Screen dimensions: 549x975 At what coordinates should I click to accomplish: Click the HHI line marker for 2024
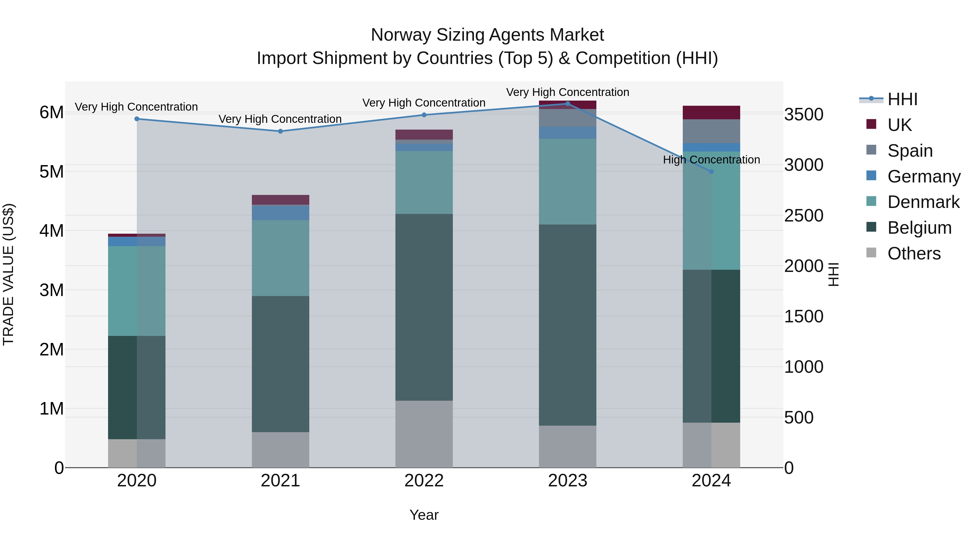711,172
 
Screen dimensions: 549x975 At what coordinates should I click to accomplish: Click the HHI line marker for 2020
137,119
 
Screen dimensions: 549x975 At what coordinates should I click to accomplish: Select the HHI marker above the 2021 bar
281,131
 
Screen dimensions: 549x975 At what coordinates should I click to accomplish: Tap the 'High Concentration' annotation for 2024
711,160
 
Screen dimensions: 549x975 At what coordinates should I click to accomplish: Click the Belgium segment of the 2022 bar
424,307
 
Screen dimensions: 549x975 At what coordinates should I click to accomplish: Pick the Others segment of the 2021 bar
281,450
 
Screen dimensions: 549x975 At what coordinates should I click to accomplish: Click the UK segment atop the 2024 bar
711,113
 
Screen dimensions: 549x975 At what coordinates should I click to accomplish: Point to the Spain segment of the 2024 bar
711,131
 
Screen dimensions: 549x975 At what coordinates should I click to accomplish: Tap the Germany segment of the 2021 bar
281,213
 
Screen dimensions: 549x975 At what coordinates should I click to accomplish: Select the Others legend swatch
871,253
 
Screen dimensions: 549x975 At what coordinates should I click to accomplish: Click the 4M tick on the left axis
51,231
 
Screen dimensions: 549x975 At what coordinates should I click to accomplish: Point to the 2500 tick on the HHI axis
804,216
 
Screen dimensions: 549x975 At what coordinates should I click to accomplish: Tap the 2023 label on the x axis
567,481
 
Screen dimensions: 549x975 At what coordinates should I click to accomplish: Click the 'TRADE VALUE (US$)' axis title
9,274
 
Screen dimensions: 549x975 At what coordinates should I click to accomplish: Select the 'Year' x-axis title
424,515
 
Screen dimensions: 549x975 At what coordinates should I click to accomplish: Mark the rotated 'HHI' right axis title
833,274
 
